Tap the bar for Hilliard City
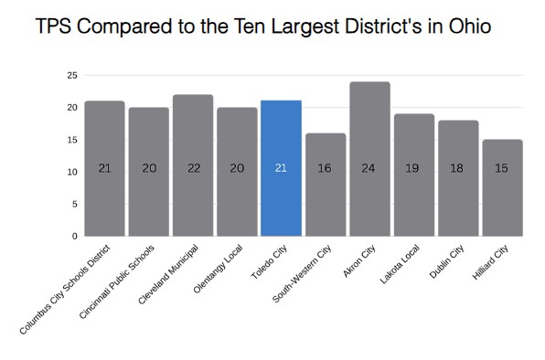click(x=502, y=201)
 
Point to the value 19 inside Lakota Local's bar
click(x=413, y=169)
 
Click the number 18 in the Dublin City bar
click(x=457, y=169)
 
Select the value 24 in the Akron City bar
click(x=369, y=169)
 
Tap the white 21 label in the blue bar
click(x=281, y=169)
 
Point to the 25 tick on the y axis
click(x=71, y=75)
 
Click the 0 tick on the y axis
click(x=74, y=236)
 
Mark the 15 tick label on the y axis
click(x=71, y=140)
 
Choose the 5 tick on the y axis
click(x=74, y=204)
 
